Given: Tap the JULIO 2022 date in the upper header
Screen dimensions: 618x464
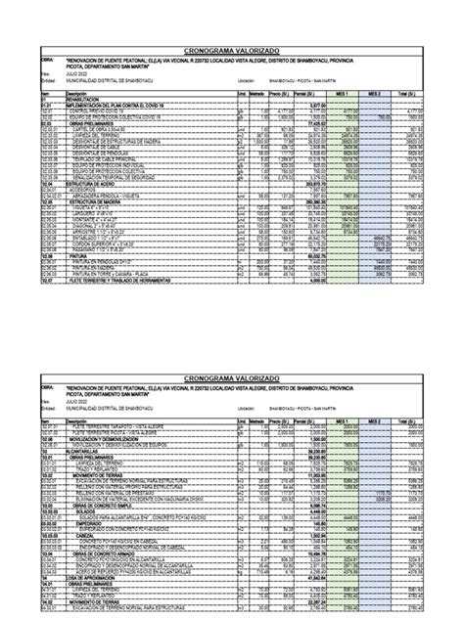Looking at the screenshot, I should tap(77, 73).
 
